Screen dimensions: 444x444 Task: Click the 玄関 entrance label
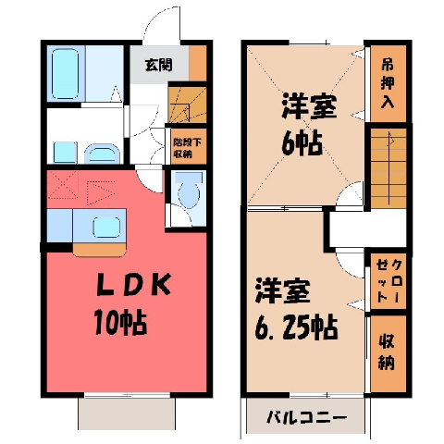tap(159, 65)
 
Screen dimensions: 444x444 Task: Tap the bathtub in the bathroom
tap(65, 74)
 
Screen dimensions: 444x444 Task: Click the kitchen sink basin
tap(106, 228)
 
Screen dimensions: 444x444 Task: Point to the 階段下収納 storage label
tap(188, 148)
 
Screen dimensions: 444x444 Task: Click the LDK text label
tap(134, 285)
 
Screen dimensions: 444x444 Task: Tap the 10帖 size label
tap(120, 322)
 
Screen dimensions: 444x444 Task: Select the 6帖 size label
tap(302, 142)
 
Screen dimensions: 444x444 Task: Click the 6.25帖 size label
tap(296, 327)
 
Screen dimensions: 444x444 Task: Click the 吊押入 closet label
tap(388, 83)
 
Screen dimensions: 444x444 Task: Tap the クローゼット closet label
tap(388, 281)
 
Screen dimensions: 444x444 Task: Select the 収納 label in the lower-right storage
tap(387, 352)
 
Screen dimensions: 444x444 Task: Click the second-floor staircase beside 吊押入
tap(388, 168)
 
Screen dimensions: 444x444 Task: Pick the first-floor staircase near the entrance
tap(188, 105)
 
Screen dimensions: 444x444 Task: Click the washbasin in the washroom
tap(102, 154)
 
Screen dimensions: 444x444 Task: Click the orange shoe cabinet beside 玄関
tap(198, 63)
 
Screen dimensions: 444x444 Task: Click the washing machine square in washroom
tap(65, 153)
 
